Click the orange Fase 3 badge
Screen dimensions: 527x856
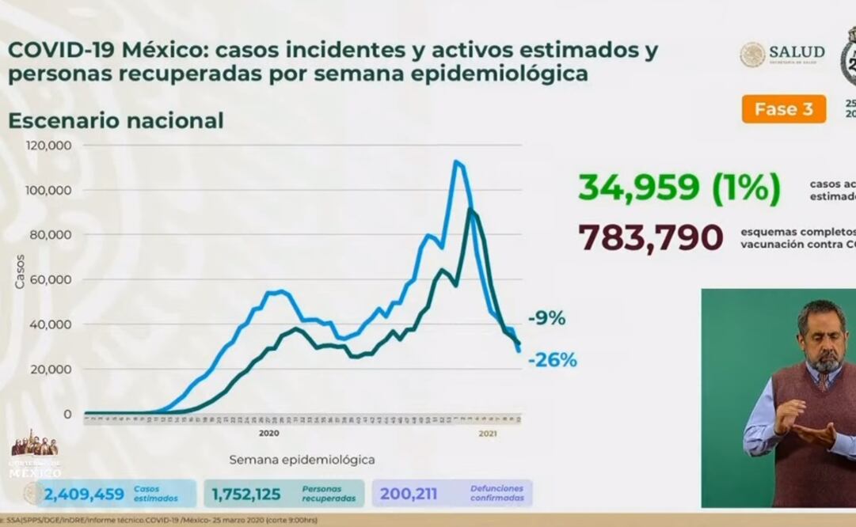[783, 109]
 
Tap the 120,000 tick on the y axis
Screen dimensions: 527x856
[50, 146]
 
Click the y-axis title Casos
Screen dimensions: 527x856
[20, 271]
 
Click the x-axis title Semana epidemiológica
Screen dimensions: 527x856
[302, 459]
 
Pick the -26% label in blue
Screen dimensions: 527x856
[554, 361]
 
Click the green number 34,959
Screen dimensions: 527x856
[638, 188]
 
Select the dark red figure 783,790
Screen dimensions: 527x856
[651, 237]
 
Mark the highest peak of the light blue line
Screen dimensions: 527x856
[456, 161]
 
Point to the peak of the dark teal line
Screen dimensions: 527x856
[470, 209]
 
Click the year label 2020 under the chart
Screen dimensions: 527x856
[269, 434]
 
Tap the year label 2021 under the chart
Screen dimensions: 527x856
[488, 434]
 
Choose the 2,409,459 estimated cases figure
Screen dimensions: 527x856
[84, 495]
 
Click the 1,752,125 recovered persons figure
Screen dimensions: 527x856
[245, 495]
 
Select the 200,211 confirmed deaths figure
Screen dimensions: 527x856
[408, 495]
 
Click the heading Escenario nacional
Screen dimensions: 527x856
[116, 121]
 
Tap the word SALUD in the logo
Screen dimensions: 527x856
[797, 51]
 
